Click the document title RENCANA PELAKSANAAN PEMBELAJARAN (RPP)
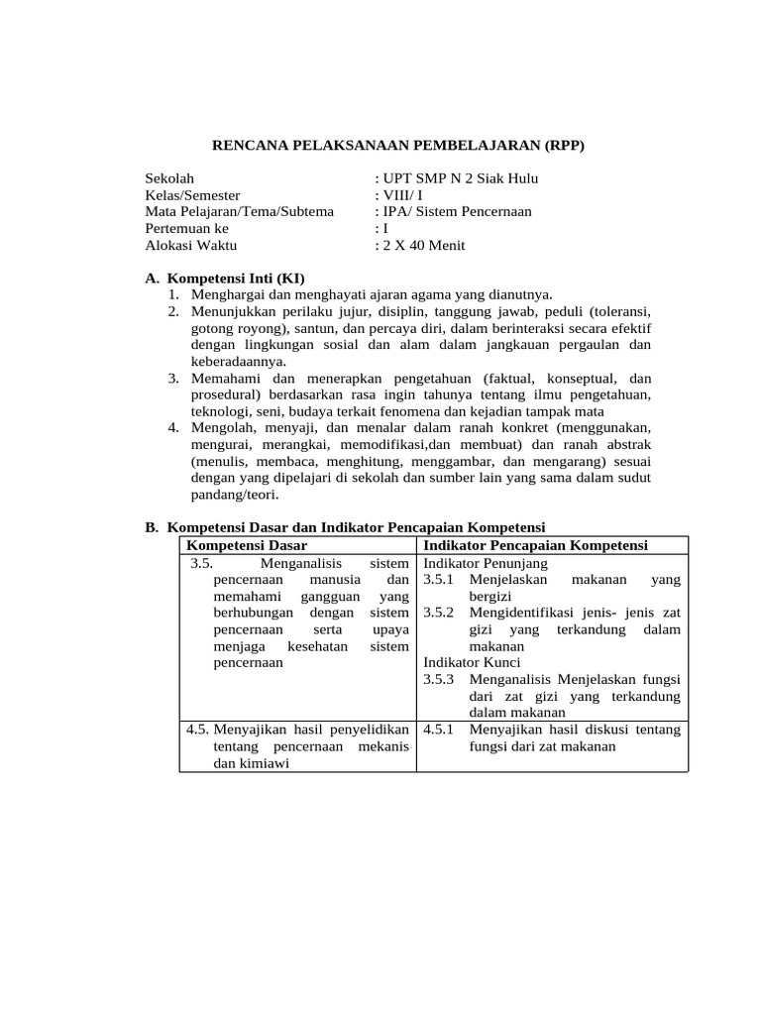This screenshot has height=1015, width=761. tap(399, 146)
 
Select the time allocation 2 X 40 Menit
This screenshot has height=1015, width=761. tap(423, 246)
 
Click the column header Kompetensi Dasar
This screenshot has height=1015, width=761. tap(247, 545)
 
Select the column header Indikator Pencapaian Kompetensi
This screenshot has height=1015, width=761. tap(535, 545)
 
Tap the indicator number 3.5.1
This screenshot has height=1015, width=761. tap(438, 579)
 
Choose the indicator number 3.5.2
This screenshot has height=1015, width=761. tap(438, 613)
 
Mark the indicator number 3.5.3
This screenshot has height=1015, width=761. tap(438, 679)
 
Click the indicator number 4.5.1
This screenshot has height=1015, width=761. tap(438, 730)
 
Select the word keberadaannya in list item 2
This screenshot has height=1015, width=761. tap(231, 362)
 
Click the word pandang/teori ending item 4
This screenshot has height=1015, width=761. tap(234, 495)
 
